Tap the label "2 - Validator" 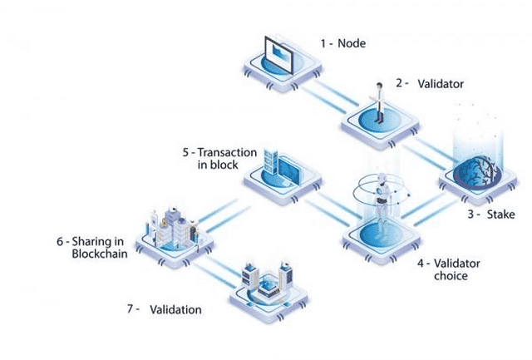tap(429, 84)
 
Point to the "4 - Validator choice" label tap(449, 269)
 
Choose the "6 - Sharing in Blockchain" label tap(92, 248)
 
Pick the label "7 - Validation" tap(164, 309)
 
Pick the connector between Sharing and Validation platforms tap(219, 263)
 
